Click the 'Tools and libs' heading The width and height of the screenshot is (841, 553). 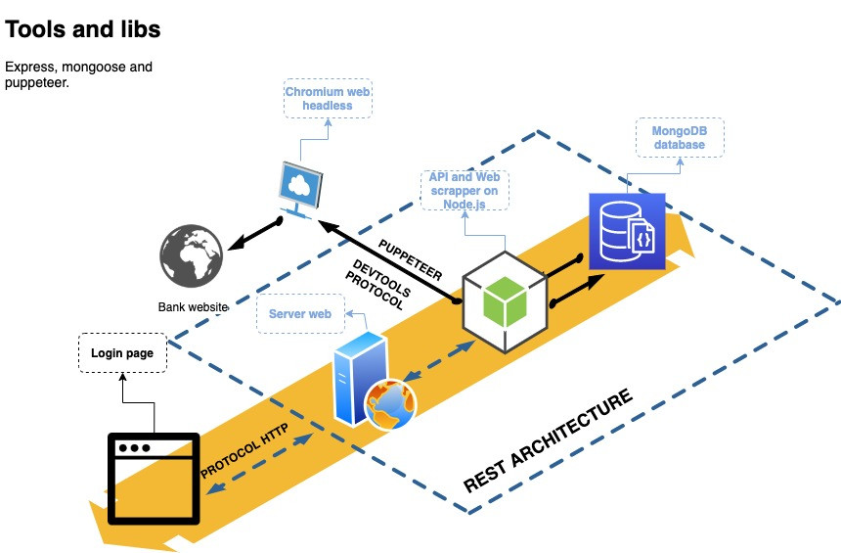(x=83, y=29)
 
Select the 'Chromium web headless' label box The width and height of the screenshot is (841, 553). (x=327, y=99)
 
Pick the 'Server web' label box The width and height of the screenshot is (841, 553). (x=300, y=314)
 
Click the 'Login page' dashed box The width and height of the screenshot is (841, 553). (x=122, y=353)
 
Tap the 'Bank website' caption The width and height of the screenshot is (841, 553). (x=193, y=307)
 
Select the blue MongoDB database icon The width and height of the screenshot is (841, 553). (x=627, y=231)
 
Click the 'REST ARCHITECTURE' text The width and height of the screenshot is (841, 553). (x=548, y=440)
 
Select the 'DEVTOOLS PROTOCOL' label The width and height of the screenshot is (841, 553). (x=381, y=284)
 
